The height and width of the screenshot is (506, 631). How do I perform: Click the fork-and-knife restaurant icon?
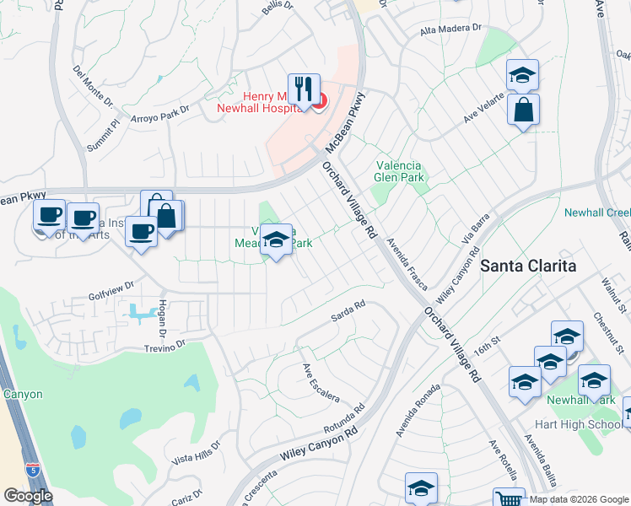304,89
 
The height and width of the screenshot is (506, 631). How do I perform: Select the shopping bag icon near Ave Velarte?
523,110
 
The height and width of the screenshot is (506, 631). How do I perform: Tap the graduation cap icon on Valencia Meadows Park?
276,241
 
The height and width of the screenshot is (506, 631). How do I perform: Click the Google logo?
28,496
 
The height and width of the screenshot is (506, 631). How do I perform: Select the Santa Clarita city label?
528,266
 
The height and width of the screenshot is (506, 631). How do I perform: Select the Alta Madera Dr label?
450,29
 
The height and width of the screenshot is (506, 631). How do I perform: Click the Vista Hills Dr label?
196,451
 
